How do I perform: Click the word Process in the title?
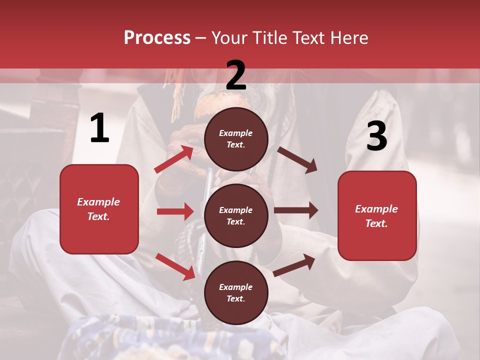pyautogui.click(x=157, y=38)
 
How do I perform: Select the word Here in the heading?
pyautogui.click(x=348, y=38)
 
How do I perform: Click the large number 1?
pyautogui.click(x=99, y=128)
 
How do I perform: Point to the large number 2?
pyautogui.click(x=236, y=75)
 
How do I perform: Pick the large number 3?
pyautogui.click(x=376, y=136)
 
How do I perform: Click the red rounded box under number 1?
pyautogui.click(x=99, y=209)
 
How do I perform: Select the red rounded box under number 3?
pyautogui.click(x=377, y=215)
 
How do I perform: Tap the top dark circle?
pyautogui.click(x=236, y=138)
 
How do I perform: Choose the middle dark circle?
pyautogui.click(x=236, y=215)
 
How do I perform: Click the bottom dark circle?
pyautogui.click(x=236, y=292)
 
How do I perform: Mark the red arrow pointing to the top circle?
pyautogui.click(x=173, y=159)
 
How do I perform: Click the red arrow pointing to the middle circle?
pyautogui.click(x=175, y=211)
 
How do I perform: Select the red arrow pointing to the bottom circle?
pyautogui.click(x=175, y=266)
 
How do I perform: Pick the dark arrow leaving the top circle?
pyautogui.click(x=297, y=160)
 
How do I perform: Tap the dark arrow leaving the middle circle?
pyautogui.click(x=296, y=210)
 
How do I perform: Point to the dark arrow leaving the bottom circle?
pyautogui.click(x=294, y=265)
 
